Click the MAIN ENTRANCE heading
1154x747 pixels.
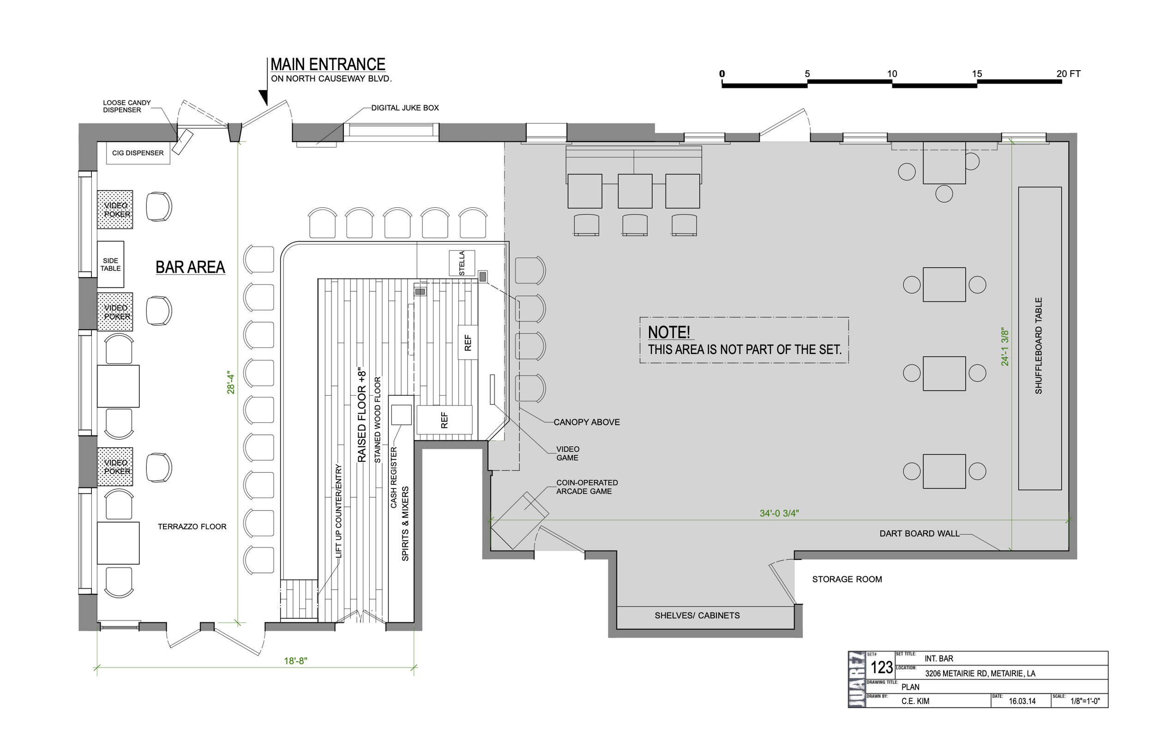[x=328, y=65]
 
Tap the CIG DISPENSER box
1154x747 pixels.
[x=138, y=153]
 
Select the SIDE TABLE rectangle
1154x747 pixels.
[x=110, y=265]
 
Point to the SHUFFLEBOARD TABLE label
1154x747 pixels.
[x=1039, y=345]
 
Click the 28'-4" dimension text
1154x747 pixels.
[x=231, y=382]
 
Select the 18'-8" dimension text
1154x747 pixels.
[x=295, y=661]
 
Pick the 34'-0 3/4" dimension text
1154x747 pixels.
[x=779, y=513]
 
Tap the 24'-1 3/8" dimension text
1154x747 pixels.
[x=1005, y=347]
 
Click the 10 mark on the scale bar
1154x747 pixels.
[x=892, y=74]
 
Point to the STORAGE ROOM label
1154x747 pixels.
[x=847, y=579]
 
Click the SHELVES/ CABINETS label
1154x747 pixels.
[x=697, y=615]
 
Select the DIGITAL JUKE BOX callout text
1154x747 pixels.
[x=405, y=108]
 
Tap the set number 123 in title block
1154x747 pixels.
[x=882, y=668]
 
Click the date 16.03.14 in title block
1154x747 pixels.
[x=1022, y=701]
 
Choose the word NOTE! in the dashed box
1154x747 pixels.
[x=669, y=332]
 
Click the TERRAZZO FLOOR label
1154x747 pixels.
[x=192, y=526]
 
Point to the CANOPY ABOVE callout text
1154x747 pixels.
[x=587, y=422]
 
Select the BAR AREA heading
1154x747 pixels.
[x=190, y=267]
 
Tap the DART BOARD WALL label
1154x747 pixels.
[x=920, y=534]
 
